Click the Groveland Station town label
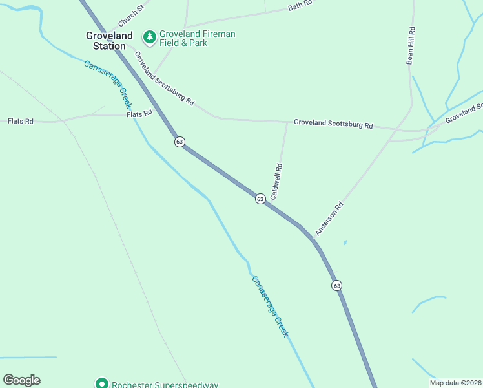click(x=109, y=41)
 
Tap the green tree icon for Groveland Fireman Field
click(x=150, y=38)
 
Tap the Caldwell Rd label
click(x=276, y=181)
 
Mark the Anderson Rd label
click(x=329, y=219)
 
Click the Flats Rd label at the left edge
click(x=20, y=121)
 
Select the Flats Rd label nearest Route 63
click(x=139, y=113)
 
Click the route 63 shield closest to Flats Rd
click(x=180, y=141)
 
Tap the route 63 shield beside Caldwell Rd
click(x=260, y=199)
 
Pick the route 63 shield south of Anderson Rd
click(x=336, y=285)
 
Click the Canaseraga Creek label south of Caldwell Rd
click(x=269, y=305)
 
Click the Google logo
click(x=21, y=380)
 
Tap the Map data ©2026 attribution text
click(x=455, y=383)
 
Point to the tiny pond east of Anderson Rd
click(x=345, y=242)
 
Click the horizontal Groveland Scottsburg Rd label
click(x=333, y=123)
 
